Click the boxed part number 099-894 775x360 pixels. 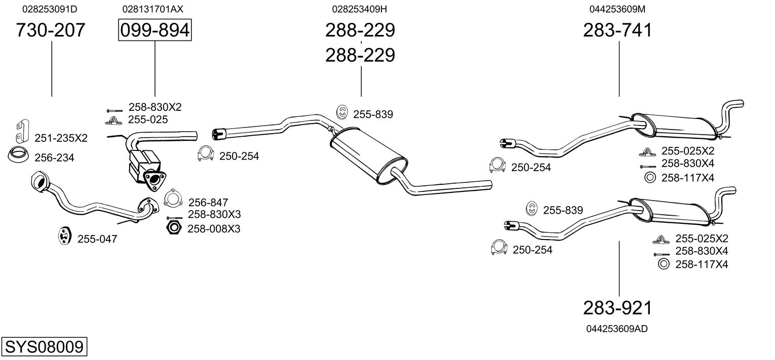click(154, 30)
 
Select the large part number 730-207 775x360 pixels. click(51, 30)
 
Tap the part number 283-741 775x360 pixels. click(617, 30)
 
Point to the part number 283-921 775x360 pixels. click(617, 308)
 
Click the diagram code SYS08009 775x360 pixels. click(44, 346)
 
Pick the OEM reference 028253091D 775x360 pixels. click(50, 9)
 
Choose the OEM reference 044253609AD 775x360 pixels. click(617, 329)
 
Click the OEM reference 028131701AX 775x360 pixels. click(152, 9)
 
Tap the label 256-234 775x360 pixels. click(54, 157)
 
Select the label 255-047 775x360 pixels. click(97, 239)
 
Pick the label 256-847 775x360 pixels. click(208, 203)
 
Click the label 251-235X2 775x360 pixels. click(61, 138)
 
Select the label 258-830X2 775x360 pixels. click(155, 107)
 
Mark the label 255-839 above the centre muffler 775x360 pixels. click(373, 114)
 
